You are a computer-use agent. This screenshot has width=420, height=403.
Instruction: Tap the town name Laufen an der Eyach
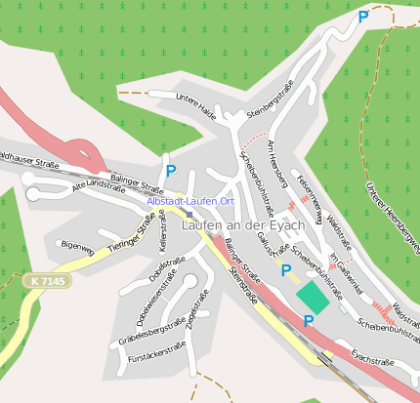(x=243, y=224)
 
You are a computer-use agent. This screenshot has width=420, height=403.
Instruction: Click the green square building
(x=313, y=297)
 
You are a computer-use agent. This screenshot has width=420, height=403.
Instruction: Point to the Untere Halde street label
(x=194, y=105)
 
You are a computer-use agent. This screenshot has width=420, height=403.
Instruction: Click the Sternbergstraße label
(x=271, y=102)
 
